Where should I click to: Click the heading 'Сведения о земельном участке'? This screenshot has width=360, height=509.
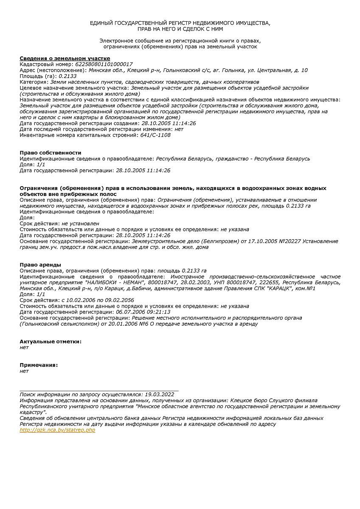point(65,58)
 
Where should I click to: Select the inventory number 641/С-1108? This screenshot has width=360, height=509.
point(155,135)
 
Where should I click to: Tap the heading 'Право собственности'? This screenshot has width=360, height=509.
point(51,153)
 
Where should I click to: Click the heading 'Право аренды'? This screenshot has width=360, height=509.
point(40,265)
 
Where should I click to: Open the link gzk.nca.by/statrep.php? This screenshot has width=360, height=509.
point(57,430)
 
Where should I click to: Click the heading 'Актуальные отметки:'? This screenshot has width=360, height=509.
point(51,341)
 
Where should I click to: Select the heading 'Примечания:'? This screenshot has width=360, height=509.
point(39,365)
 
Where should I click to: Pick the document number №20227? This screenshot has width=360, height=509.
point(288,241)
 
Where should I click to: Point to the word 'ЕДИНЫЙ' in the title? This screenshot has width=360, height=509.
point(101,23)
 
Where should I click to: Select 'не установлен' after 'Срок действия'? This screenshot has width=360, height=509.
point(80,223)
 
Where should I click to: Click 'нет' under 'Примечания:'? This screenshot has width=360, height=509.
point(24,371)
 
